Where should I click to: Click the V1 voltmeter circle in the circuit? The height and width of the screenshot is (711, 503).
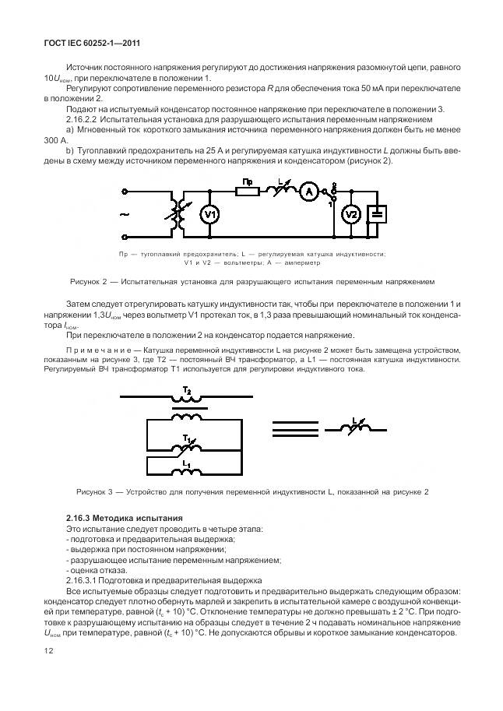[x=209, y=216]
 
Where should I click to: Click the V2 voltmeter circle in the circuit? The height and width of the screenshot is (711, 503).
[x=352, y=215]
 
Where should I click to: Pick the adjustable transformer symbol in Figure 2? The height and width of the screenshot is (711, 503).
[x=177, y=216]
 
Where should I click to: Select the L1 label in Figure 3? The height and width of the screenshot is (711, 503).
[x=186, y=463]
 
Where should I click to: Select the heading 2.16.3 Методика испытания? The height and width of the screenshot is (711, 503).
[x=125, y=518]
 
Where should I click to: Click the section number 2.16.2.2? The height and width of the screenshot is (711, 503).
[x=84, y=121]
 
